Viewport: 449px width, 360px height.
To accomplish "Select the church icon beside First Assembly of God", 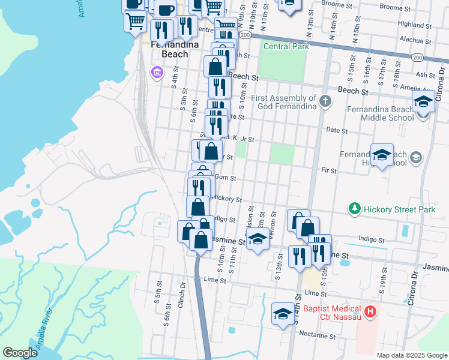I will click(325, 101).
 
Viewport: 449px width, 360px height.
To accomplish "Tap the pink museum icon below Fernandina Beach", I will click(157, 73).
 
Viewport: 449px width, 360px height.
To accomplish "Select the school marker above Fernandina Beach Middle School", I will click(423, 101).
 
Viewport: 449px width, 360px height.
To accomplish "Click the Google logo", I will click(20, 353).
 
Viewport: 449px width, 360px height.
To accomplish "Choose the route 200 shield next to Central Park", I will click(245, 35).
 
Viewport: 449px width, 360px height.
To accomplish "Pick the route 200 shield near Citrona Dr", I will click(418, 57).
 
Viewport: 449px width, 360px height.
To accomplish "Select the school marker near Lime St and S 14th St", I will click(283, 314).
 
